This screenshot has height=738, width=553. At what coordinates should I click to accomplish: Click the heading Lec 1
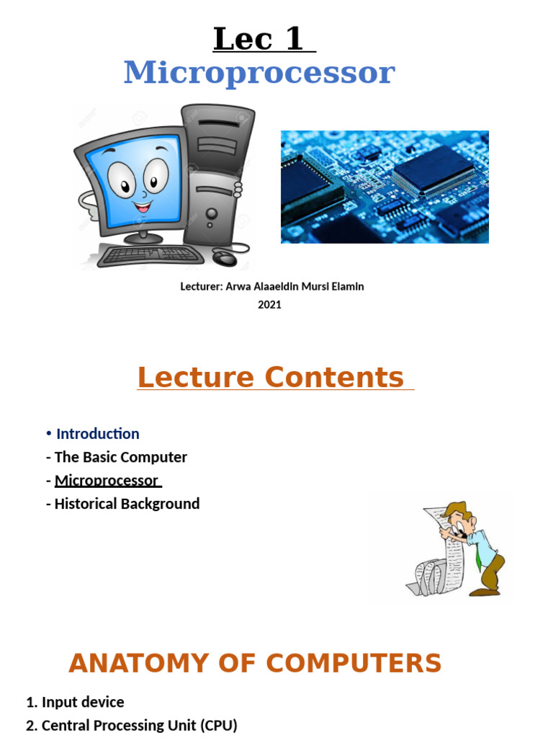coord(264,39)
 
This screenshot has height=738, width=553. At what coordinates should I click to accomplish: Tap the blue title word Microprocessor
coord(259,73)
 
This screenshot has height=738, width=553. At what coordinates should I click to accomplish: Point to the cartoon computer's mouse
coord(225,257)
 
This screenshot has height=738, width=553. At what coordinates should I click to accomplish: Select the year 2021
coord(269,304)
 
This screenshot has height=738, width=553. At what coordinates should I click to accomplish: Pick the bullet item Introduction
coord(97,433)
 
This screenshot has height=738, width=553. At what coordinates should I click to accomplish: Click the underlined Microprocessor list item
coord(107,480)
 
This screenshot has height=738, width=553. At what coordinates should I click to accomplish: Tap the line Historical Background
coord(127,504)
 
